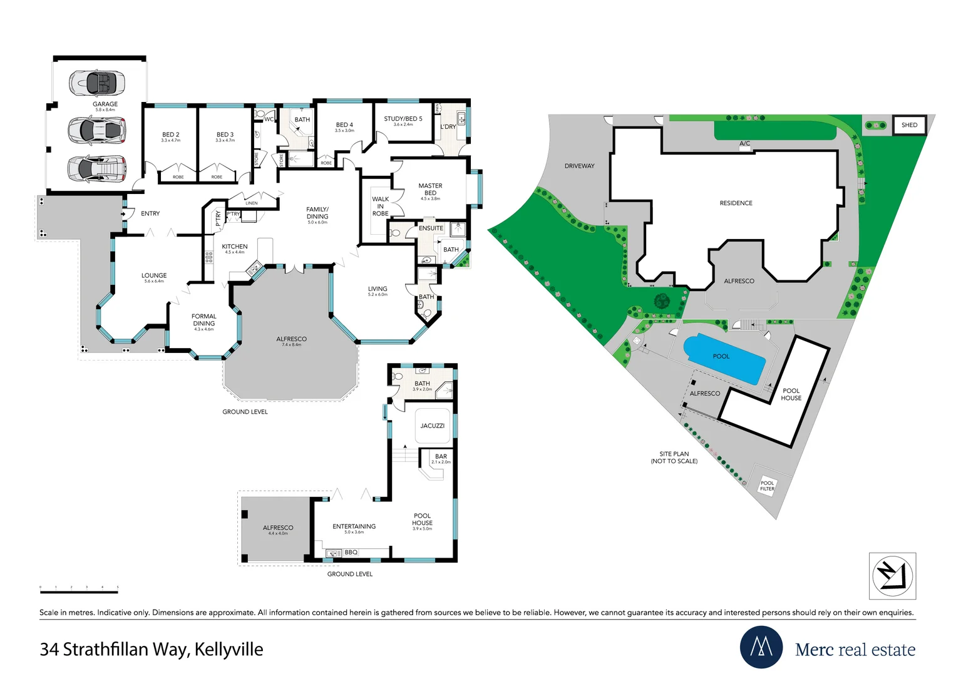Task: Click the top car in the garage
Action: pos(97,82)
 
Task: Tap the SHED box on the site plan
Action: pos(909,125)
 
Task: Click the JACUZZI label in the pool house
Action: pos(433,426)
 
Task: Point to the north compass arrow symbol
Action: pos(892,576)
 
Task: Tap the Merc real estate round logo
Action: pos(761,647)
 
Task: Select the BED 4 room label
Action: pos(344,125)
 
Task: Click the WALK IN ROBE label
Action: pos(380,206)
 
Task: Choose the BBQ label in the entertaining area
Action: pos(351,552)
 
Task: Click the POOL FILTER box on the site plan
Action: pos(767,486)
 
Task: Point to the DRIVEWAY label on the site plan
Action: pos(579,166)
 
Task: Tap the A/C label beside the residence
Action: pos(744,144)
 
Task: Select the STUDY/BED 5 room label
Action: pos(403,119)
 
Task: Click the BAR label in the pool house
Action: pos(441,456)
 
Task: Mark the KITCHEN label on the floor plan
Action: pos(235,247)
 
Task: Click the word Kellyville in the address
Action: pos(229,650)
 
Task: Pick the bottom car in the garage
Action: pos(97,168)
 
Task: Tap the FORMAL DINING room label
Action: pos(204,320)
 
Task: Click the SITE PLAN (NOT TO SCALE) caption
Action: pos(674,458)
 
